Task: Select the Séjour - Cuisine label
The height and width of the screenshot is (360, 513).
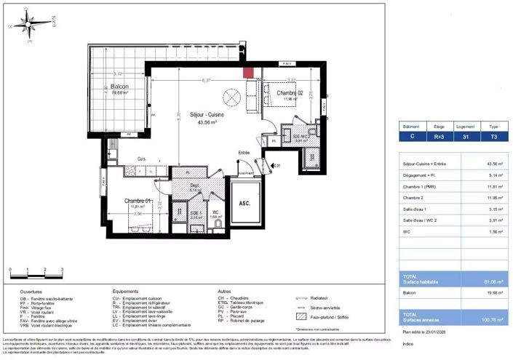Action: (207, 115)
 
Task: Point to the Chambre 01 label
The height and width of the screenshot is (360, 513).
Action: (137, 201)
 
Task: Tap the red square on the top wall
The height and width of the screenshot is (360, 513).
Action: (248, 71)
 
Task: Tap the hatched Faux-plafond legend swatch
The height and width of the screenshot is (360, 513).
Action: (301, 316)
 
